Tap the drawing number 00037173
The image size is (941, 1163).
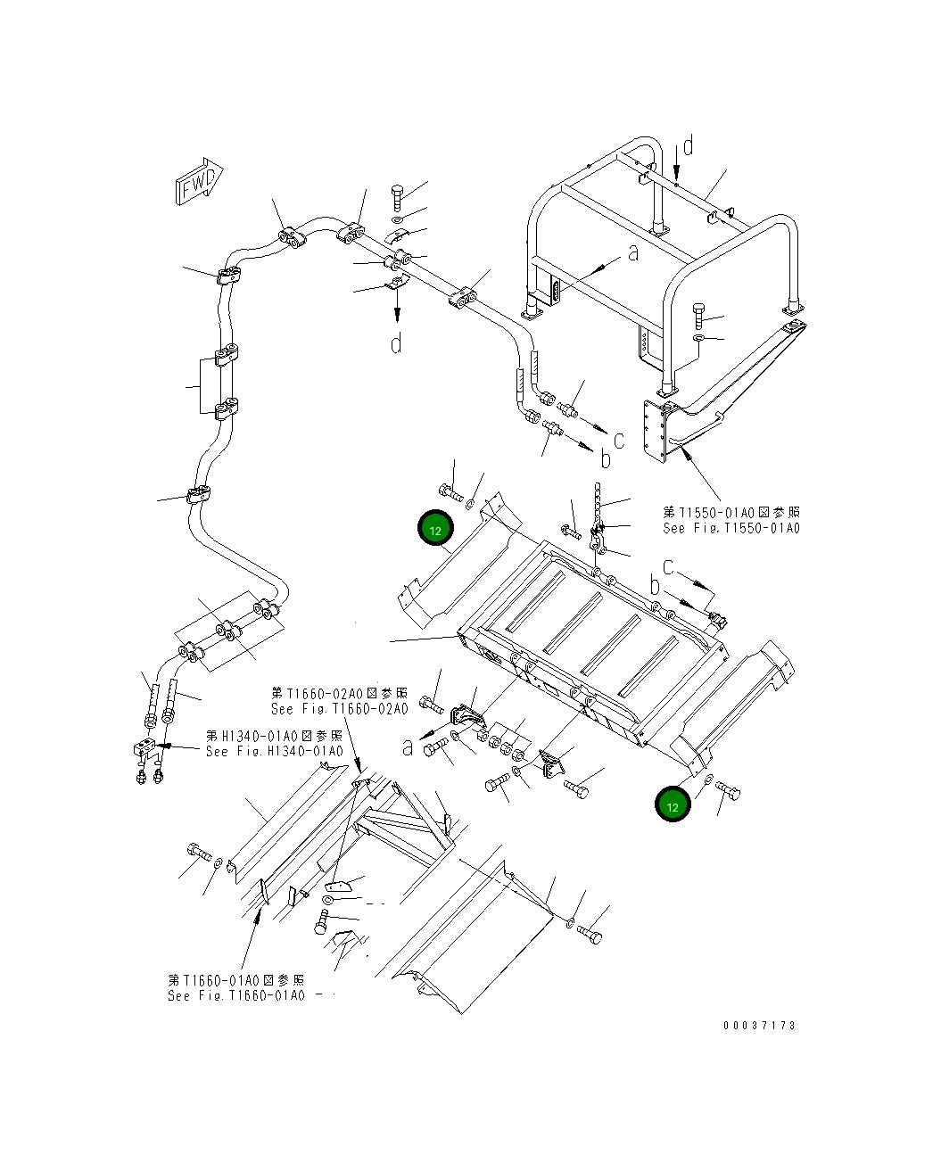(758, 1025)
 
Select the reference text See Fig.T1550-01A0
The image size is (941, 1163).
(731, 528)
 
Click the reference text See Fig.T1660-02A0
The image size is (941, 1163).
(339, 709)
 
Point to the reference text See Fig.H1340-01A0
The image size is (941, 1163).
(274, 751)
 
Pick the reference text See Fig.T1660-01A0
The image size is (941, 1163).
(236, 995)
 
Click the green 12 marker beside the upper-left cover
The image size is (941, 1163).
(435, 530)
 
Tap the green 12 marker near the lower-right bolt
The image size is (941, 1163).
(673, 804)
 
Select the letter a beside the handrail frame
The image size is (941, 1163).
(633, 254)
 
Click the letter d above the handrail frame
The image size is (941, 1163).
(689, 145)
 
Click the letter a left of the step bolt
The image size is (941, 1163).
(408, 747)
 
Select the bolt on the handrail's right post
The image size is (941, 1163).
(698, 313)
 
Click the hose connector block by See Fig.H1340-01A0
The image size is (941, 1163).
(144, 749)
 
